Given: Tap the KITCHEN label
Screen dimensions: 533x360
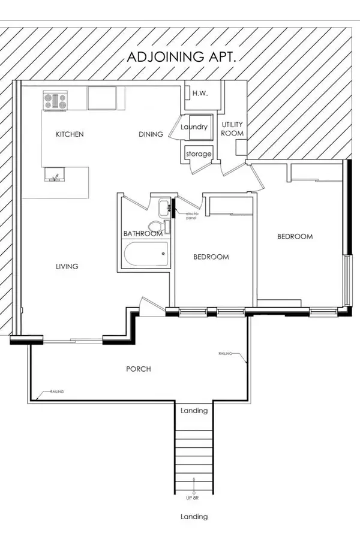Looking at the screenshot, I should [70, 134].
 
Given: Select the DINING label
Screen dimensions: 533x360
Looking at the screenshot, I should [151, 134].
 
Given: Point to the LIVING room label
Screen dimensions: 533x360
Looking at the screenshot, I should [67, 266].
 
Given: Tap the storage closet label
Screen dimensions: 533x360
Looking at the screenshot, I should [199, 154].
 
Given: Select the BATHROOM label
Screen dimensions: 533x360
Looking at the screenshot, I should [142, 233].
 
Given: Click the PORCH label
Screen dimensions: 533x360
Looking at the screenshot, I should [138, 369].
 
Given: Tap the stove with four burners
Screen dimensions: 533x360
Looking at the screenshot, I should [55, 100].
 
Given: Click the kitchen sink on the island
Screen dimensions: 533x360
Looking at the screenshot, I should [55, 175].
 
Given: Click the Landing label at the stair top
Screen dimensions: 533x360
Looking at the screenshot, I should [194, 411].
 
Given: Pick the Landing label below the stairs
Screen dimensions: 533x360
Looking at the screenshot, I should [194, 516].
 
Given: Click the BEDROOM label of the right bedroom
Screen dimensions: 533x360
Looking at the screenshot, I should [295, 236].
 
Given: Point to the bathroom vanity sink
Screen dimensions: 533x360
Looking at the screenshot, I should [164, 208].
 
